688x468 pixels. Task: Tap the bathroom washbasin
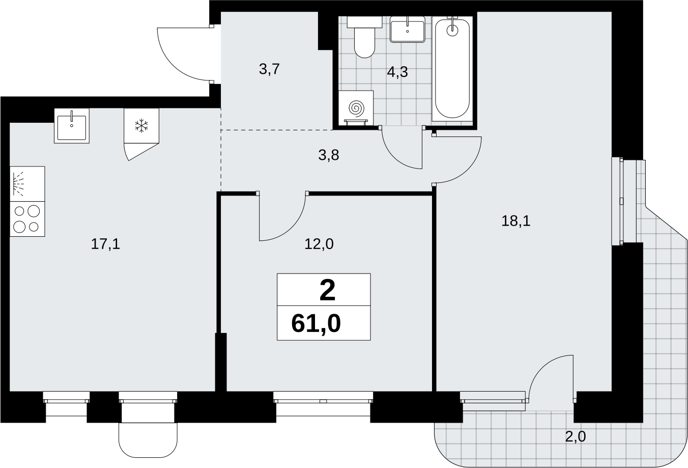(408, 29)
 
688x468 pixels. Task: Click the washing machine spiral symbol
(356, 109)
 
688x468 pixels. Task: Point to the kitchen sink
(72, 126)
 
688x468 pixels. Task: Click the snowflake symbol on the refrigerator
(141, 126)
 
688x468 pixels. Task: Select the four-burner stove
(27, 219)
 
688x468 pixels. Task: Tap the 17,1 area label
(105, 244)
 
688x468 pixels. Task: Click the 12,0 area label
(319, 244)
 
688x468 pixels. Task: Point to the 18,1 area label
(516, 221)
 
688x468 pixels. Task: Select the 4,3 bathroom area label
(397, 72)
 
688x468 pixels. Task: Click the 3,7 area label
(269, 69)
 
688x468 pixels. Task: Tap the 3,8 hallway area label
(329, 155)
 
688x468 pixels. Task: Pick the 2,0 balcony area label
(576, 436)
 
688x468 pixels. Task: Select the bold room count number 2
(327, 291)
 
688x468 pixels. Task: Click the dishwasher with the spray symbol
(27, 184)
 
